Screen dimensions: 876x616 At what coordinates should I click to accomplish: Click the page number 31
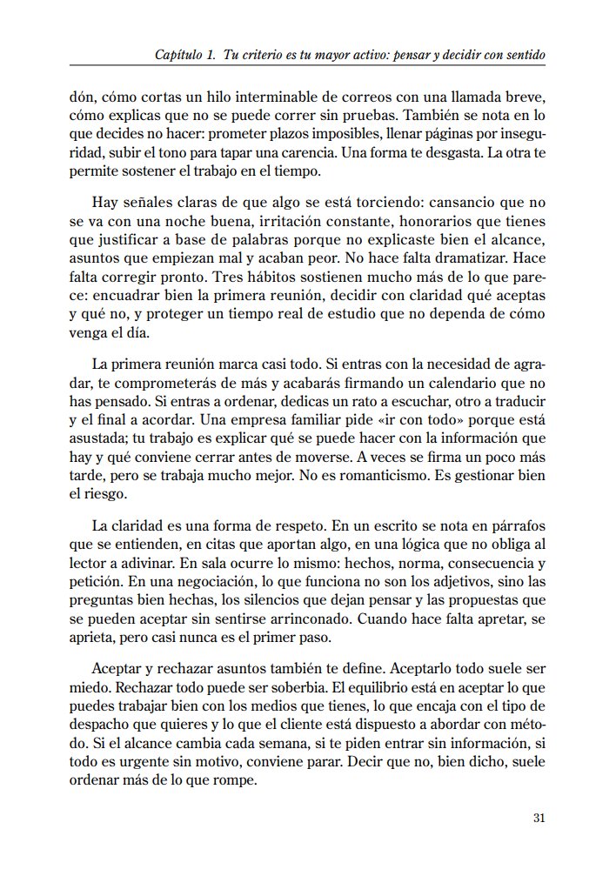(537, 818)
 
